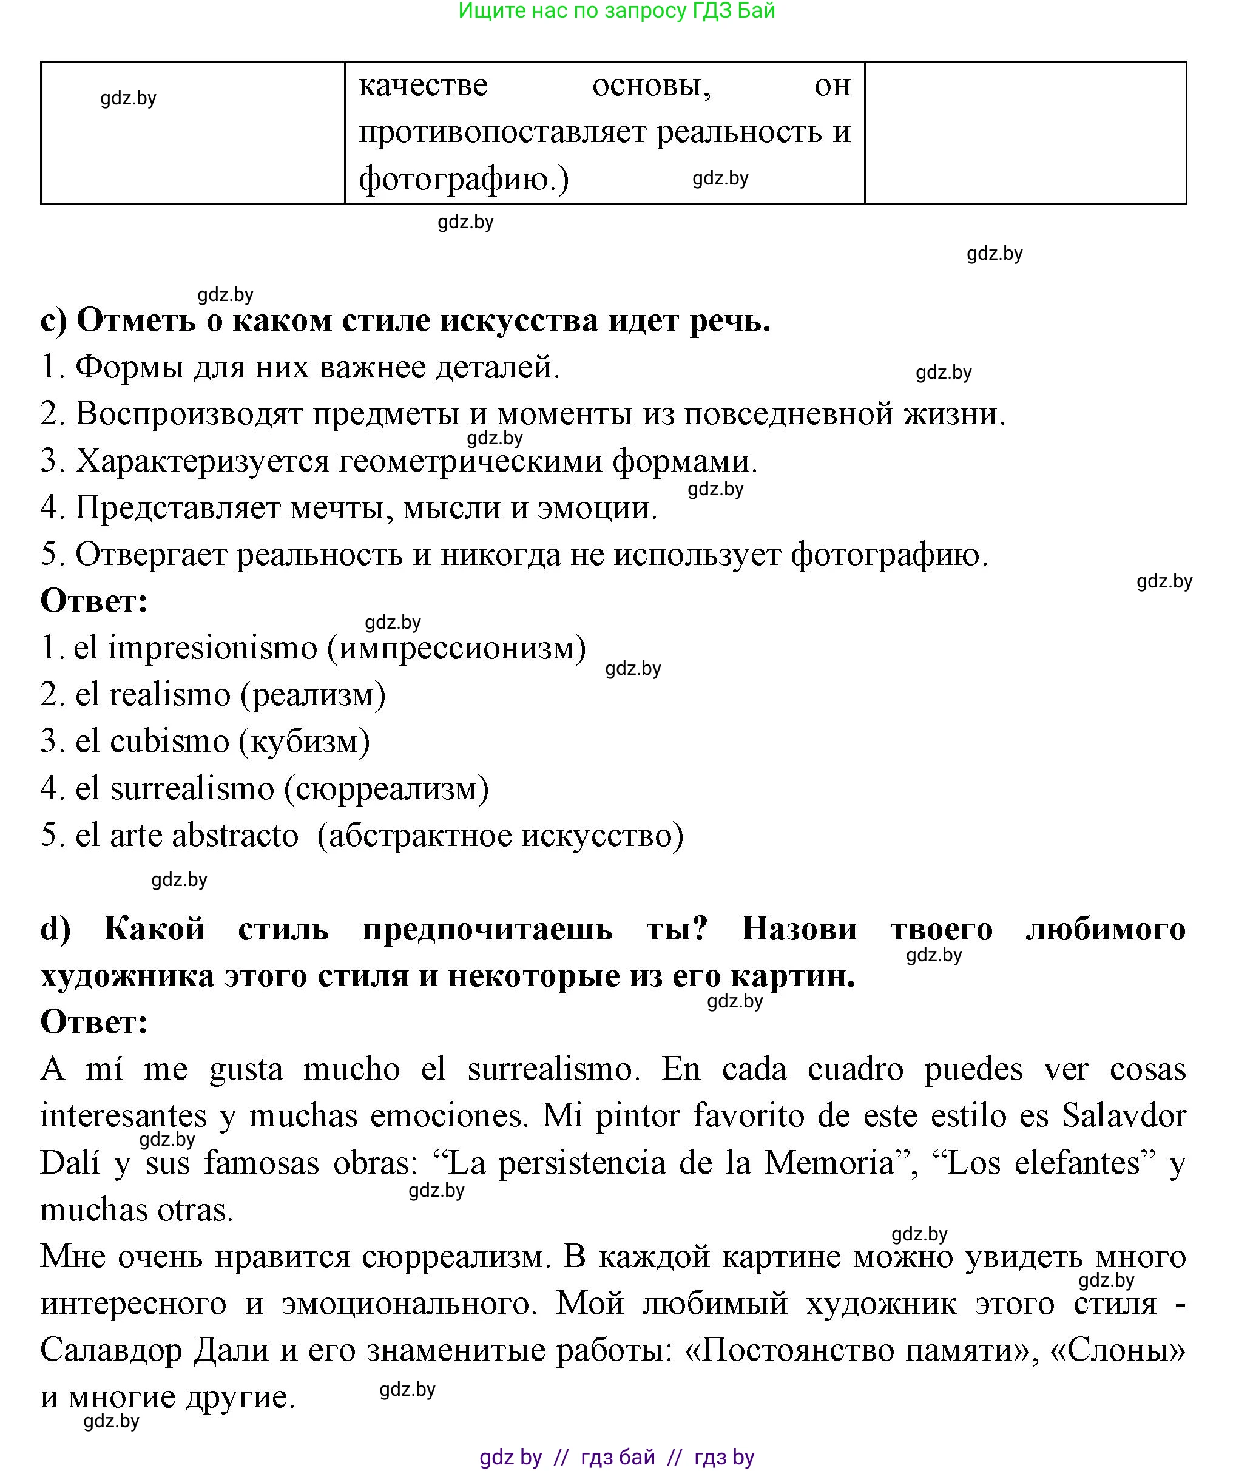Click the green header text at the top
616,11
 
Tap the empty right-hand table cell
1025,132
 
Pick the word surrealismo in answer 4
192,789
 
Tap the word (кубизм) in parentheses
305,742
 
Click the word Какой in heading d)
155,930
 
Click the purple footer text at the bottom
616,1457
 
